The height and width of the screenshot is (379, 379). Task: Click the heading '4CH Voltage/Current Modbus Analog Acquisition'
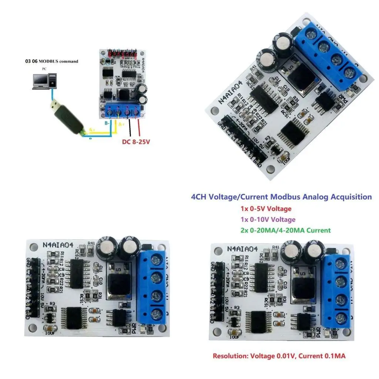coord(281,197)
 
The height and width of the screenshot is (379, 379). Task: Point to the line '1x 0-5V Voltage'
coord(266,209)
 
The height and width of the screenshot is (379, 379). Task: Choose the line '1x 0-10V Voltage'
coord(268,219)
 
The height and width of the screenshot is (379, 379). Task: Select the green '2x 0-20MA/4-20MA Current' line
coord(285,230)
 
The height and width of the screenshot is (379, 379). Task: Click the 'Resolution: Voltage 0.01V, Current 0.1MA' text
coord(279,356)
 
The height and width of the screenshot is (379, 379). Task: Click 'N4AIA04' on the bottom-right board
coord(242,249)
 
